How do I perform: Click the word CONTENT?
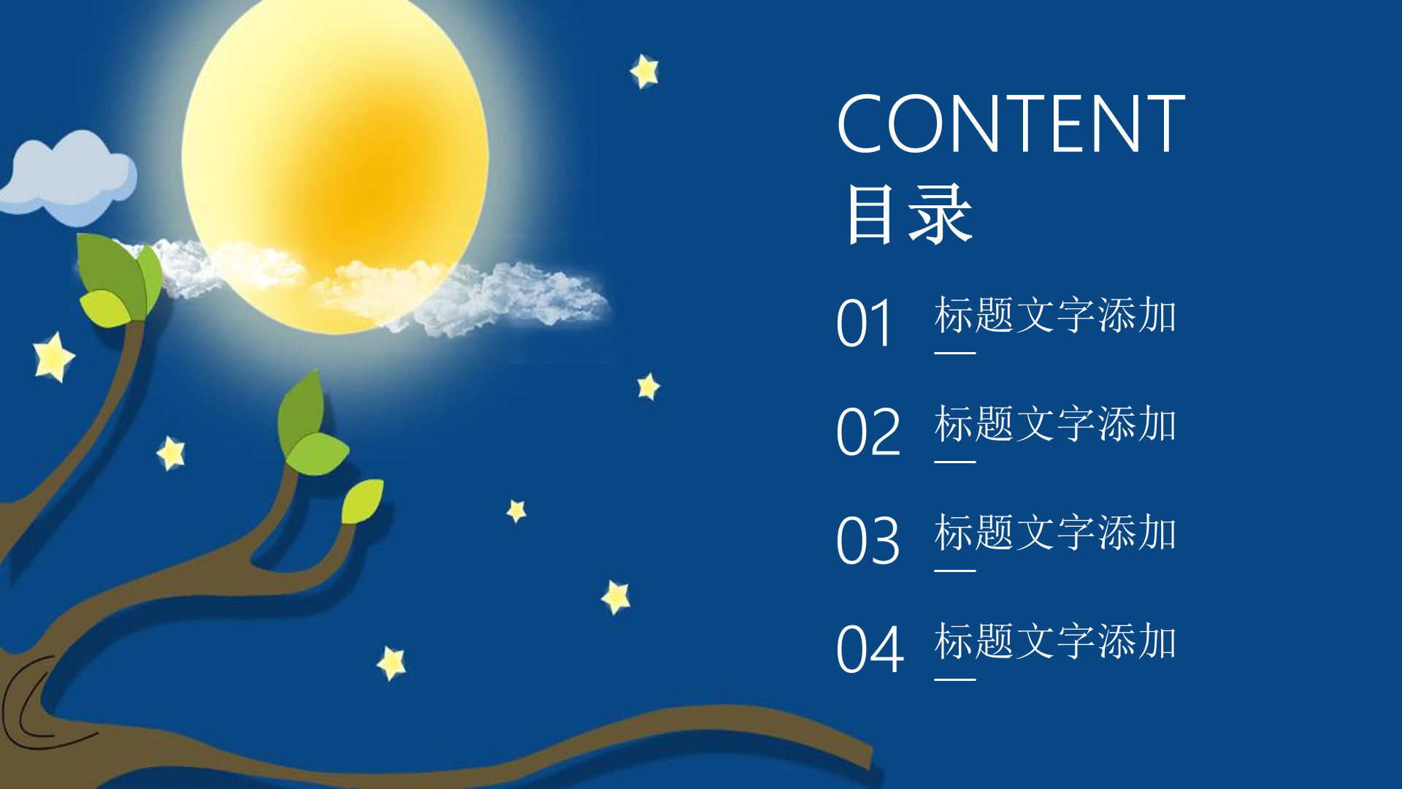coord(1011,123)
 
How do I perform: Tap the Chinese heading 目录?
coord(909,214)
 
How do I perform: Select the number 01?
coord(864,323)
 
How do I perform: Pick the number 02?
coord(868,432)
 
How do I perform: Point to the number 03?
coord(868,541)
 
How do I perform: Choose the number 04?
coord(870,649)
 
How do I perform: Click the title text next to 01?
coord(1055,315)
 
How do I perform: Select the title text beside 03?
coord(1055,533)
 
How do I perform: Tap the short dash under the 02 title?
coord(955,462)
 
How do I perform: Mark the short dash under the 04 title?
coord(955,679)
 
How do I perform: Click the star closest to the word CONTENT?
coord(645,72)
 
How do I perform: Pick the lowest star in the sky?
coord(392,663)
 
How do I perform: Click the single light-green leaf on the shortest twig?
coord(363,501)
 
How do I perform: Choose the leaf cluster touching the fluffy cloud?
coord(119,280)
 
